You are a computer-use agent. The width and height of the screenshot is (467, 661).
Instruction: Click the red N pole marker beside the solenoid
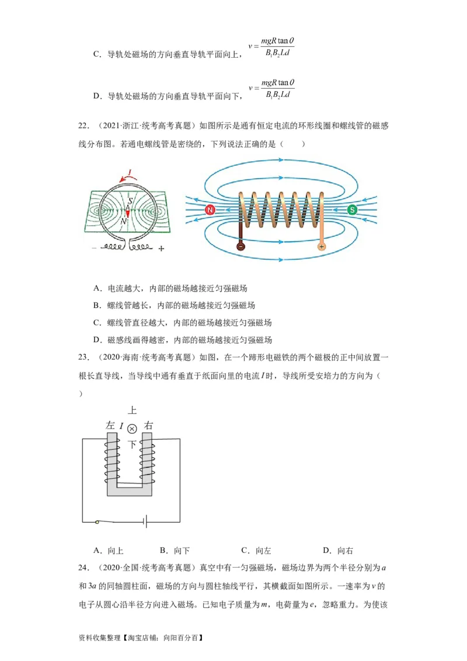(210, 210)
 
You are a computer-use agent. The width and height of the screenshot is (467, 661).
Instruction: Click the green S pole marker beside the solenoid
(352, 210)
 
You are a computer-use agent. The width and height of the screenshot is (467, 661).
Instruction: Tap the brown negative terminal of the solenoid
(240, 246)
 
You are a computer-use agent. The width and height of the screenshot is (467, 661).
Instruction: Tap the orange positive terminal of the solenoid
(321, 246)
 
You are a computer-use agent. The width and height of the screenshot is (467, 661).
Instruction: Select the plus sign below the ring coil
(161, 248)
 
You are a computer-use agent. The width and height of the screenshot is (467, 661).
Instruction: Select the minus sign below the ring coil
(94, 248)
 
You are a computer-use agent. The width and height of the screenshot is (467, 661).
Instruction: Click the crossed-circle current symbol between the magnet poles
(132, 428)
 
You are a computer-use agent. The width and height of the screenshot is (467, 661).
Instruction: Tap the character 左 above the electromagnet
(110, 426)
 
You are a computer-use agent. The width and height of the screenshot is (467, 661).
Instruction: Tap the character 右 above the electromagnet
(149, 426)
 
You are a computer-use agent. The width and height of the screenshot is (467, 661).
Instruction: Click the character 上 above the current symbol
(132, 410)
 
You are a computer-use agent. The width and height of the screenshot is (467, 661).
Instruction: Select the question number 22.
(83, 126)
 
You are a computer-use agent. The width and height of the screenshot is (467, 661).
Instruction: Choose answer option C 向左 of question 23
(256, 550)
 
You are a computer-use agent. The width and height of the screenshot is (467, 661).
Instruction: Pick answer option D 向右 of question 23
(338, 550)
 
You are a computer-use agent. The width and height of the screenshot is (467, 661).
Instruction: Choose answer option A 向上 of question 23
(109, 550)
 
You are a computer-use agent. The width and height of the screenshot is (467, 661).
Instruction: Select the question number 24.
(83, 568)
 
